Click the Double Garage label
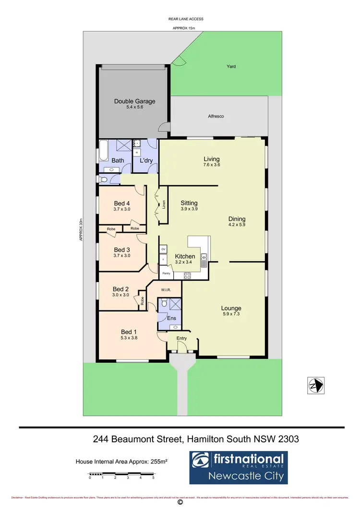coord(134,101)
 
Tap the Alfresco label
coord(216,117)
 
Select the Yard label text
coord(231,67)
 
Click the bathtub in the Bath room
coord(103,151)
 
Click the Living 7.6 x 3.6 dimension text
coord(211,165)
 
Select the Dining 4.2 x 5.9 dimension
coord(237,225)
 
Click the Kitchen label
coord(184,256)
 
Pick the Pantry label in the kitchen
coord(167,273)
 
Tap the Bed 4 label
coord(122,202)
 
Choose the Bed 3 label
coord(122,249)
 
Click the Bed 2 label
coord(121,289)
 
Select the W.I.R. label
coord(167,289)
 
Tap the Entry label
coord(182,338)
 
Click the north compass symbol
coord(315,385)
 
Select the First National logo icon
coord(201,460)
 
